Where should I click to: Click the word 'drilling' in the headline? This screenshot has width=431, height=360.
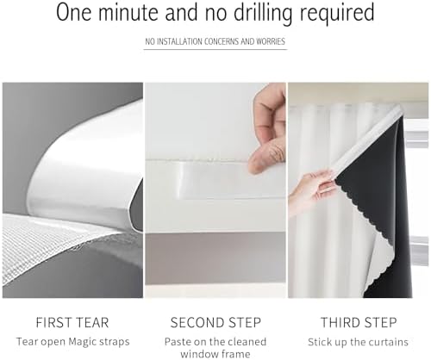coord(263,13)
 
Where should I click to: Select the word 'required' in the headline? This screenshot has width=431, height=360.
coord(337,13)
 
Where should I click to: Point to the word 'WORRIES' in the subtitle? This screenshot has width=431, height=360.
coord(271,41)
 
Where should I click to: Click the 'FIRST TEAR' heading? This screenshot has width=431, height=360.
coord(72,322)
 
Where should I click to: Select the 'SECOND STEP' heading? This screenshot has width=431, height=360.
coord(215,322)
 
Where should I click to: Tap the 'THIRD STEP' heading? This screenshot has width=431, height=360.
coord(359,322)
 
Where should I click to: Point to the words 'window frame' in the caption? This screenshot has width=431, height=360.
coord(215,354)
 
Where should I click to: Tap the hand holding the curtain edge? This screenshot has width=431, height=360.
coord(312,189)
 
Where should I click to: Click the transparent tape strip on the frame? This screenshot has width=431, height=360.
coord(213,179)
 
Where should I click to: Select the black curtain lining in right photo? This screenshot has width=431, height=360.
coord(382,201)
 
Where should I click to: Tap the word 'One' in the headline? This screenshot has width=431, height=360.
coord(74,13)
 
